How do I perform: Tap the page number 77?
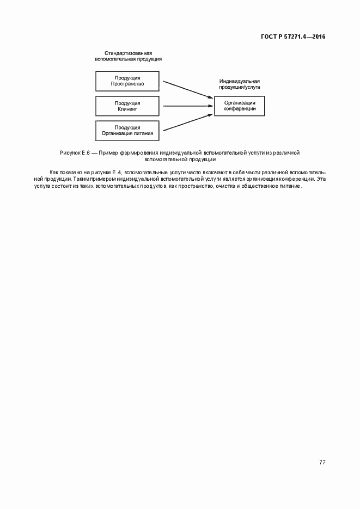tap(322, 462)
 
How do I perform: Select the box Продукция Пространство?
tap(127, 81)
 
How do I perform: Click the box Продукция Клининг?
tap(127, 106)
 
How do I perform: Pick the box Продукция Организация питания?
tap(127, 130)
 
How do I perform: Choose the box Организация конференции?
tap(240, 106)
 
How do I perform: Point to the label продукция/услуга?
tap(240, 87)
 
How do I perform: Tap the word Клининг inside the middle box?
tap(127, 109)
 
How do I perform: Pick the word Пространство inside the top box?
tap(127, 84)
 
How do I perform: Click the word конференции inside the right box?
tap(240, 109)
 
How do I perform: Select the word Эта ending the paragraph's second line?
tap(321, 179)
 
